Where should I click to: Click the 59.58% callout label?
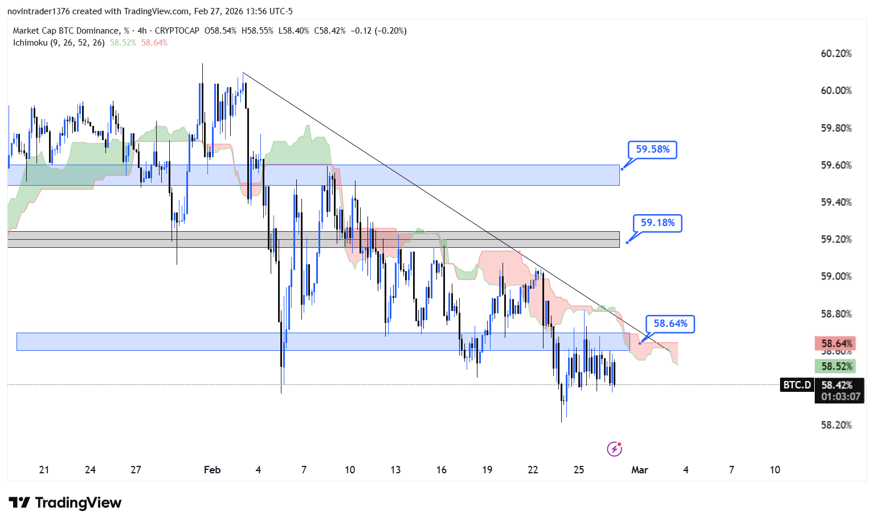[x=652, y=149]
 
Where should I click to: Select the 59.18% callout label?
[x=657, y=223]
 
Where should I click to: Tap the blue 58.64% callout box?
[x=670, y=324]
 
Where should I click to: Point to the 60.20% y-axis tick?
[x=836, y=54]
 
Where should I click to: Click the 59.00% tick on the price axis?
[x=836, y=276]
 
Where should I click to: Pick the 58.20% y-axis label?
[x=836, y=425]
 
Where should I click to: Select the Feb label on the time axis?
[x=212, y=470]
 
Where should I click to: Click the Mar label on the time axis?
[x=639, y=470]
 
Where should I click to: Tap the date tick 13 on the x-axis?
[x=395, y=470]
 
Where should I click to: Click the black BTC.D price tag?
[x=797, y=385]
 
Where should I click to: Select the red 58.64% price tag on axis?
[x=836, y=343]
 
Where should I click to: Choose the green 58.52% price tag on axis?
[x=836, y=366]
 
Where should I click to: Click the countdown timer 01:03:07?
[x=840, y=396]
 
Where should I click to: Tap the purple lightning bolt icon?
[x=614, y=449]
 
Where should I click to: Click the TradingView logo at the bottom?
[x=65, y=503]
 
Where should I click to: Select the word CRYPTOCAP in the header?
[x=177, y=31]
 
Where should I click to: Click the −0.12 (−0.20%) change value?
[x=378, y=31]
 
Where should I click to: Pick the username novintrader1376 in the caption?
[x=38, y=11]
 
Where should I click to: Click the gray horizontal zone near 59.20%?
[x=313, y=239]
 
